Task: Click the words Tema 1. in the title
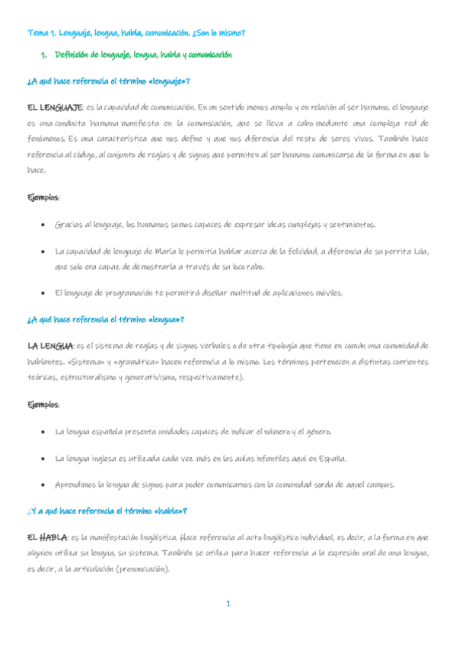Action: [40, 34]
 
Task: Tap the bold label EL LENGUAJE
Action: [55, 107]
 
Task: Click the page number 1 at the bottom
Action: [228, 604]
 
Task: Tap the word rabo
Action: [256, 267]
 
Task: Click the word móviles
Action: [327, 293]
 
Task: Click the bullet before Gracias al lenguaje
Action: [41, 225]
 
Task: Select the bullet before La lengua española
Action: [41, 432]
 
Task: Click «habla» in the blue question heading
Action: [171, 510]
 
